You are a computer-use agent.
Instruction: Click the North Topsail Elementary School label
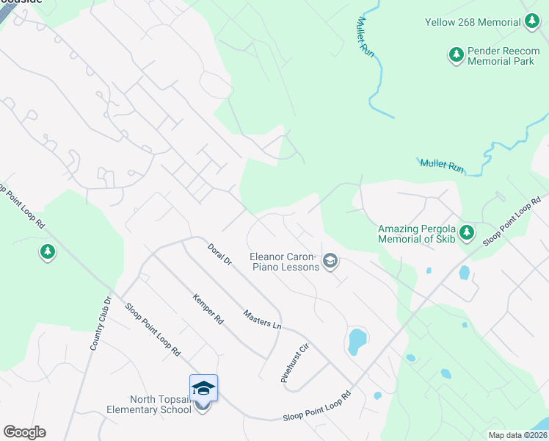tap(159, 404)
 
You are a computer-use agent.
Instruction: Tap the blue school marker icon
tap(203, 389)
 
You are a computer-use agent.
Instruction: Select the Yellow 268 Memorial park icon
tap(533, 22)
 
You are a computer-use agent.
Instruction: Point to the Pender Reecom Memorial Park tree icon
tap(457, 54)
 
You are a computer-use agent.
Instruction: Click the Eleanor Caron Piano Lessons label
tap(284, 261)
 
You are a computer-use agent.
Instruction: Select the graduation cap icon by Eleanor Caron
tap(330, 260)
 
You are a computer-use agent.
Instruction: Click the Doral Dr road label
tap(219, 256)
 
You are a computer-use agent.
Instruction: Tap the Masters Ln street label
tap(262, 319)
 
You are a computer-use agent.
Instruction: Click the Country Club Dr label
tap(101, 323)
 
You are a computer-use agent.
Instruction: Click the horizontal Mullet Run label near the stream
tap(442, 165)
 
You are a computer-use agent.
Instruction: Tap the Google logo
tap(24, 432)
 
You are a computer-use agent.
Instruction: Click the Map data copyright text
tap(518, 435)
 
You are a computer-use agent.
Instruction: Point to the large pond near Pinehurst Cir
tap(357, 341)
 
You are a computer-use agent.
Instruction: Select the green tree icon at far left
tap(48, 252)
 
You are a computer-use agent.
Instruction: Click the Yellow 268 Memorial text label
tap(473, 22)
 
